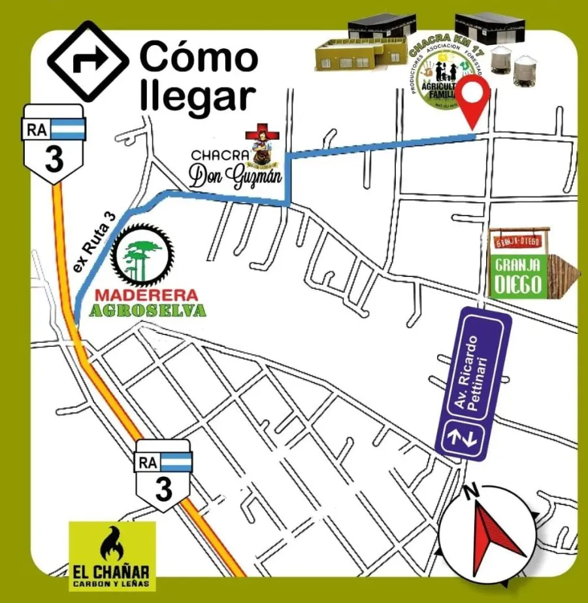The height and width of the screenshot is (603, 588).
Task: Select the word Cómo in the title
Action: pos(199,57)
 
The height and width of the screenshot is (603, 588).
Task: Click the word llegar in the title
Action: pos(196,95)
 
